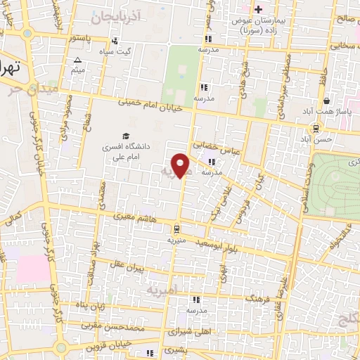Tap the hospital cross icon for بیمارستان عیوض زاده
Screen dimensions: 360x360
click(x=258, y=9)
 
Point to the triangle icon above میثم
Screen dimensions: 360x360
click(x=77, y=60)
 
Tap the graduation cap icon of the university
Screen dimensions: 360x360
click(x=125, y=136)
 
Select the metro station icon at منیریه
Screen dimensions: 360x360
click(x=176, y=228)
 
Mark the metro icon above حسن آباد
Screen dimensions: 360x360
click(x=316, y=128)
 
